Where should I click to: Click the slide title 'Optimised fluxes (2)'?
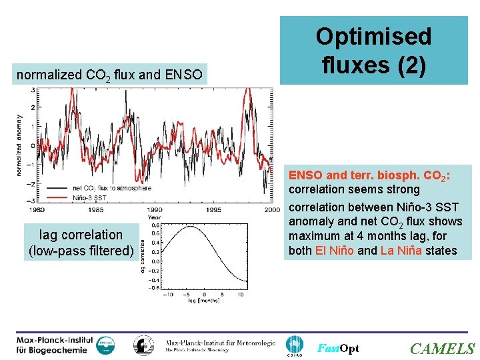[x=373, y=50]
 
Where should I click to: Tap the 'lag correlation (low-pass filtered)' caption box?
[x=81, y=243]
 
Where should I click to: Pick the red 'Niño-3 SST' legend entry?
[x=89, y=197]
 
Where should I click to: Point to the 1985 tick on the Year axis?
[x=95, y=210]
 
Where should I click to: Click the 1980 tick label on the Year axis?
[x=37, y=210]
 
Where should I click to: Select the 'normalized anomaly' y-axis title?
[x=19, y=144]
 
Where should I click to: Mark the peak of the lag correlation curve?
[x=191, y=227]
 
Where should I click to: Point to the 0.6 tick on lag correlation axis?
[x=155, y=233]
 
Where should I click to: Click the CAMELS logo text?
[x=442, y=349]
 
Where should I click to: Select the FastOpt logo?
[x=338, y=349]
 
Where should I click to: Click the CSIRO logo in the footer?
[x=294, y=345]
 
